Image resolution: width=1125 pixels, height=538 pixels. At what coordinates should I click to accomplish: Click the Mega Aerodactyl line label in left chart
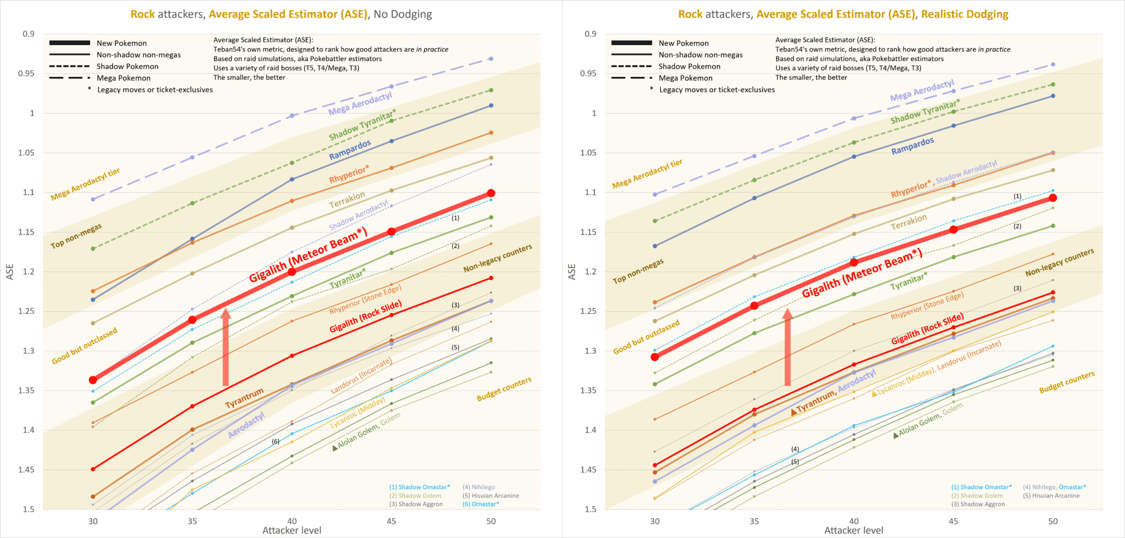360,104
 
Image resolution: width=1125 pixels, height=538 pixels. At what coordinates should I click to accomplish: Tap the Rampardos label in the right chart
912,146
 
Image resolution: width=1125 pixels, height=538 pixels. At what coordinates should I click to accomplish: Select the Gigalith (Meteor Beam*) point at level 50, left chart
491,193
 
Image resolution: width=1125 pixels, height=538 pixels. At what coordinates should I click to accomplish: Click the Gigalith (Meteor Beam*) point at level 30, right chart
655,357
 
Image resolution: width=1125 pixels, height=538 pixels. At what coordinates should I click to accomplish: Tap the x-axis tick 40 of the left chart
292,521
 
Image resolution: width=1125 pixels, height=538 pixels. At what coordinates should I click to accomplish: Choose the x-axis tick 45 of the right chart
953,521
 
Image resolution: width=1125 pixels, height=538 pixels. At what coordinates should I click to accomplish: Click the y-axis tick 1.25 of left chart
26,311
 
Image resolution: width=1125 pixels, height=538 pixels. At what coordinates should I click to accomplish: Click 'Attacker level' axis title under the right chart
854,530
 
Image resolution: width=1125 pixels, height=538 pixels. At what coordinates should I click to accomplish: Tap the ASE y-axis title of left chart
10,271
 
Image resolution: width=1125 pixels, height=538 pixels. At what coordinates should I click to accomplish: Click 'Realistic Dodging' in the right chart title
965,14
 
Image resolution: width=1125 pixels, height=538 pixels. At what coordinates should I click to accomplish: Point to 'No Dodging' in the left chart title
403,14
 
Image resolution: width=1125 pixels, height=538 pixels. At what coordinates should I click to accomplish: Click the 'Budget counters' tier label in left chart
504,389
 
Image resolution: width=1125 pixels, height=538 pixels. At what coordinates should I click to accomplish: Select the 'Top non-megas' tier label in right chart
638,271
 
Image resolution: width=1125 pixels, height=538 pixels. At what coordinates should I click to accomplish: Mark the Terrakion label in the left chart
347,200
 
